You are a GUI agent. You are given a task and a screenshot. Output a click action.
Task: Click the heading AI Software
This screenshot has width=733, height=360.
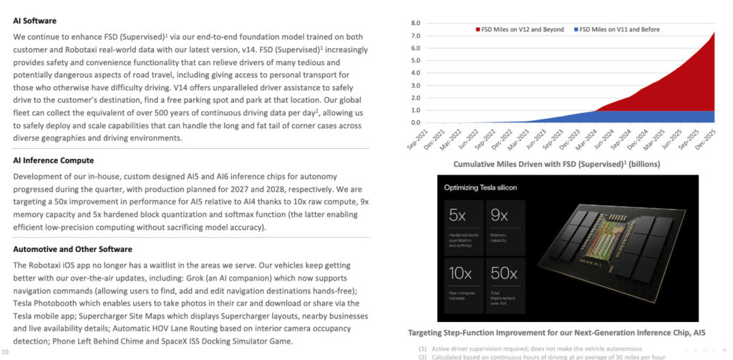tap(34, 21)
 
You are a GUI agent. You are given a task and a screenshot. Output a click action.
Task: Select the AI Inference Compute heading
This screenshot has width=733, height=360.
tap(53, 160)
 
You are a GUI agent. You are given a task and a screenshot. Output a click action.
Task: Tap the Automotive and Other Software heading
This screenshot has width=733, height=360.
tap(72, 249)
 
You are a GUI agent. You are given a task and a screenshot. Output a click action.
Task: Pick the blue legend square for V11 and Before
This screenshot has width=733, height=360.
tap(574, 29)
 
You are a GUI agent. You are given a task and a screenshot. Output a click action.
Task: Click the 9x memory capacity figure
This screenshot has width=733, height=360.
tap(499, 215)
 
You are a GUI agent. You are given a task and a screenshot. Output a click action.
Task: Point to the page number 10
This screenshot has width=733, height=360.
tap(6, 352)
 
